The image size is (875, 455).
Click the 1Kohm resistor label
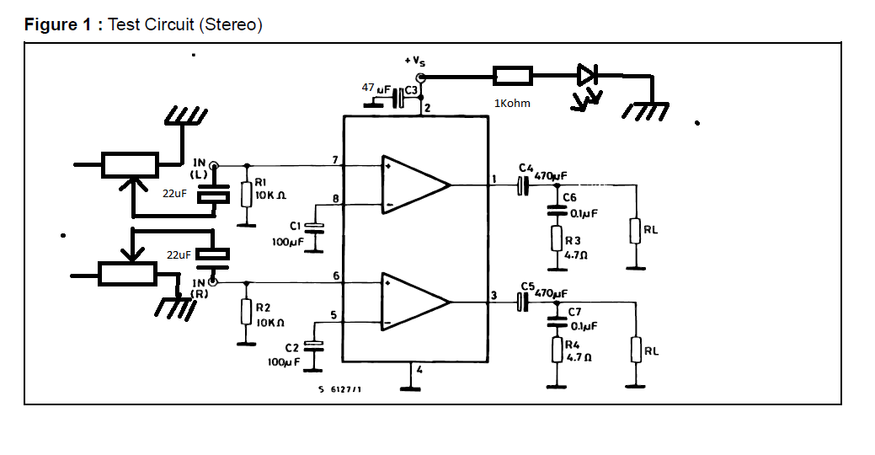tap(513, 104)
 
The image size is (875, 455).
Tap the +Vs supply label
tap(414, 62)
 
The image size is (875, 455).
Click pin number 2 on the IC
tap(427, 108)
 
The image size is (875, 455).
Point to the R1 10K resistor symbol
tap(246, 195)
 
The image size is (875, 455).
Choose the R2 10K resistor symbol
tap(246, 312)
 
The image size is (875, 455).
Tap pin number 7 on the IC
tap(334, 159)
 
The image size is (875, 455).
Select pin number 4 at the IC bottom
tap(419, 370)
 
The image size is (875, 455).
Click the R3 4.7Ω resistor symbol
tap(557, 238)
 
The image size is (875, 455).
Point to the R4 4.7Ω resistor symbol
tap(557, 349)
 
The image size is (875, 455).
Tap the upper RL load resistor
tap(635, 230)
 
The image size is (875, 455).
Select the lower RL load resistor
tap(635, 348)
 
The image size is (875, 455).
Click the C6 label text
tap(569, 197)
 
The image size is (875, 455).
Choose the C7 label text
tap(574, 312)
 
